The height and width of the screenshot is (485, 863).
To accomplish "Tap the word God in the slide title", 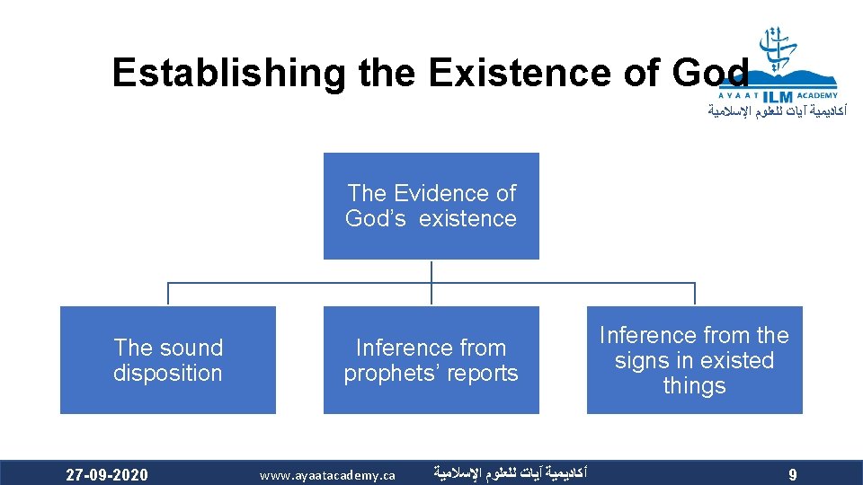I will (x=710, y=72).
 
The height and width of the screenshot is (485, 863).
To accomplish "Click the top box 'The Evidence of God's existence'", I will (x=431, y=206).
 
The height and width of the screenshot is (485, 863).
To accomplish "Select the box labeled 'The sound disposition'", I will (x=167, y=360).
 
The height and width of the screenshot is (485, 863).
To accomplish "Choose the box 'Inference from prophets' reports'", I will (x=431, y=360).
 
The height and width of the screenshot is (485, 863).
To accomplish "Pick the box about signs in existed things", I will (x=694, y=360).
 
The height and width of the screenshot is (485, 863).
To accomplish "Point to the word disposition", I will (x=167, y=374).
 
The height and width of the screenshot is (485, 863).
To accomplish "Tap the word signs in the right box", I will (x=641, y=361).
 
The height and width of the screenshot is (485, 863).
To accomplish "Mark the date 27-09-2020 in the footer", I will (x=107, y=474).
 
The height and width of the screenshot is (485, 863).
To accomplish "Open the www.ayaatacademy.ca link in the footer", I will (x=327, y=474).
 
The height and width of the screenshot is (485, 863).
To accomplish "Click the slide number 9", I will (x=792, y=475).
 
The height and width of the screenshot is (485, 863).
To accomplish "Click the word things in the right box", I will (x=694, y=386).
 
